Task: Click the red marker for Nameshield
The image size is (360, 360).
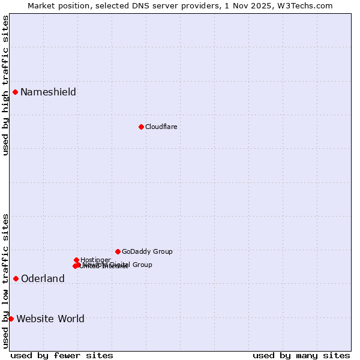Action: tap(15, 92)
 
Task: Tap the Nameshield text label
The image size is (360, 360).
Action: tap(48, 92)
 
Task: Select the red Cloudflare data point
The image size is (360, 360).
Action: tap(141, 127)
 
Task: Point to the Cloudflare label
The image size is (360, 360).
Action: tap(161, 127)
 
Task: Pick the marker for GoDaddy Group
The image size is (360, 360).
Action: tap(118, 251)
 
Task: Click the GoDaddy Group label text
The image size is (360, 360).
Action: tap(147, 252)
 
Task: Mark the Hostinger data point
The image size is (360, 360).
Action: tap(76, 260)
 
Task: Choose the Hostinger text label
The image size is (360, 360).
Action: tap(95, 260)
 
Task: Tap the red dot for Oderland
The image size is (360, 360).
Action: tap(16, 278)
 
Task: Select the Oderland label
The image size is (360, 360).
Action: tap(43, 279)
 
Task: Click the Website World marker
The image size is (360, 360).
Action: tap(11, 319)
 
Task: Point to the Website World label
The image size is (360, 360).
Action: tap(50, 319)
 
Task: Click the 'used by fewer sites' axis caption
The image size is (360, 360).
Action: tap(62, 355)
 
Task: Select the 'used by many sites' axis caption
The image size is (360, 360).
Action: tap(301, 355)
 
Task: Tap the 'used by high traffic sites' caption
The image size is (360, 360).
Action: tap(5, 85)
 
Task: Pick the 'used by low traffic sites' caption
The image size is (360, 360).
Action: tap(5, 281)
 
